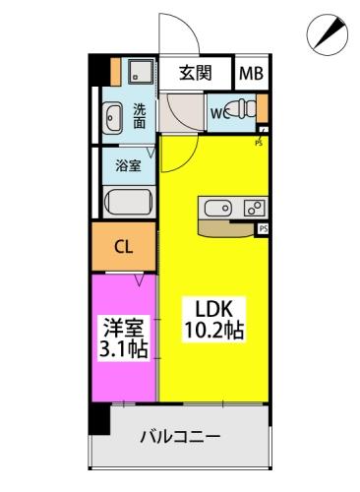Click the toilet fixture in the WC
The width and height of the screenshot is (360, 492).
pyautogui.click(x=240, y=108)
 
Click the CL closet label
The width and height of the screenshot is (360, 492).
pyautogui.click(x=124, y=247)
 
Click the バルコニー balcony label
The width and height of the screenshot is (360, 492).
pyautogui.click(x=179, y=436)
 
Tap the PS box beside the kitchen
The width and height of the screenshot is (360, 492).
pyautogui.click(x=264, y=228)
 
